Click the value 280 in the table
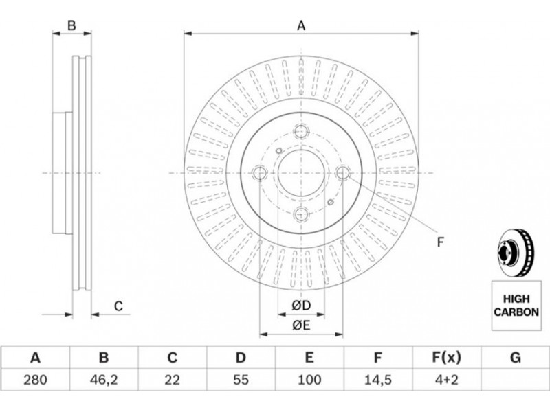35,380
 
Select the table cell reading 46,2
104,380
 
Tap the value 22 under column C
172,380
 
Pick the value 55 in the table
241,380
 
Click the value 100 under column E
309,380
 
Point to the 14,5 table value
377,380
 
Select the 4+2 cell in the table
445,380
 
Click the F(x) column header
445,358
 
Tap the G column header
515,358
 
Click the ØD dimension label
301,306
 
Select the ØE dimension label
301,325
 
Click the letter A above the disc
301,25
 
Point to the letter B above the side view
71,25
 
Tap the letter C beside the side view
118,306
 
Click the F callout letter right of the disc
441,242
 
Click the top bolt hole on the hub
301,131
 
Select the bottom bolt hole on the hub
301,214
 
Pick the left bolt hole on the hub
260,173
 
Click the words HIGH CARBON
516,306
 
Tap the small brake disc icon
516,252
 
